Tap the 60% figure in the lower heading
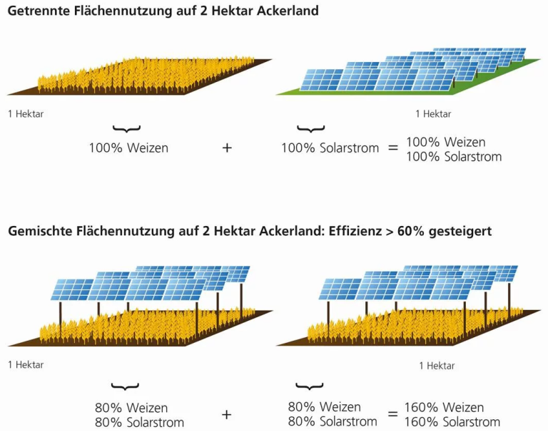[x=411, y=231]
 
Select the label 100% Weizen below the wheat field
[x=128, y=148]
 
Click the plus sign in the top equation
[x=227, y=148]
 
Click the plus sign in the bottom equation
[x=226, y=415]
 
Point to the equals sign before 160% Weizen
[x=393, y=414]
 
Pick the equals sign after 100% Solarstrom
[x=393, y=148]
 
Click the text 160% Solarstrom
[x=452, y=422]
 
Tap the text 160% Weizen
[x=445, y=408]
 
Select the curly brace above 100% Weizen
[x=126, y=128]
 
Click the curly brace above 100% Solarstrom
[x=310, y=128]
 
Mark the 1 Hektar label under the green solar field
[x=433, y=114]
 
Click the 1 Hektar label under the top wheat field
[x=26, y=114]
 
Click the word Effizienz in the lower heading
[x=355, y=231]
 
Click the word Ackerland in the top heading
[x=288, y=11]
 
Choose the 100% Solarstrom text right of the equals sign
[x=454, y=157]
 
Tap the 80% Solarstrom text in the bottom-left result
[x=139, y=423]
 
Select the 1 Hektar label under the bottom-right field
[x=437, y=366]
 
